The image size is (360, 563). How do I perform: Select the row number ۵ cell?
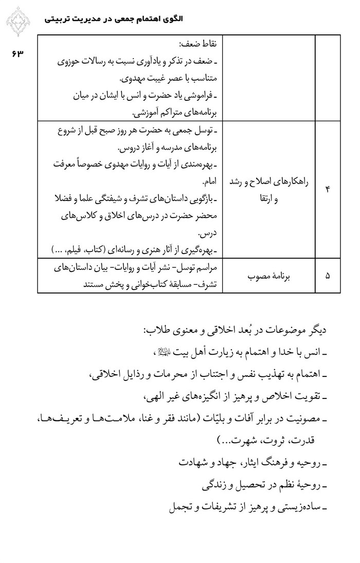click(328, 276)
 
